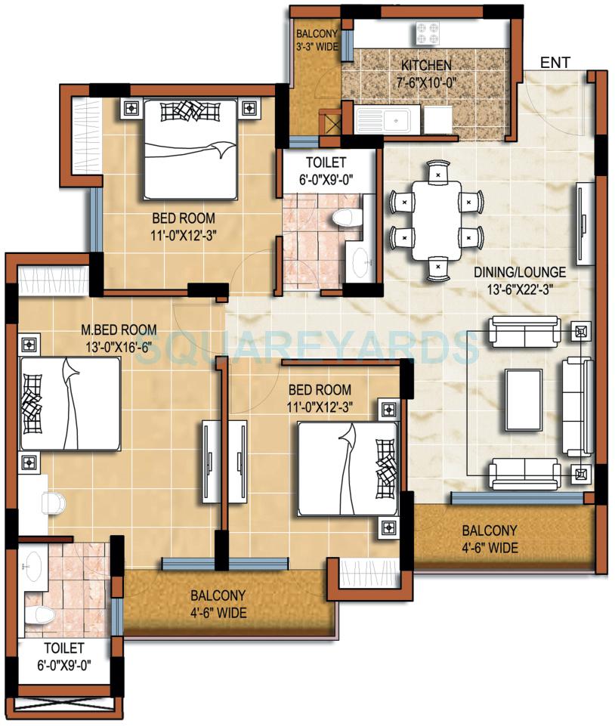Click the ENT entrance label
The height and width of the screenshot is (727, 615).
coord(555,62)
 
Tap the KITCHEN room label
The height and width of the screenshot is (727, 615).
coord(426,65)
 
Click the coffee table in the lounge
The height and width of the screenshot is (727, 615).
coord(524,400)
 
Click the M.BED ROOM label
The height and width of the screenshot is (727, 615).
coord(119,329)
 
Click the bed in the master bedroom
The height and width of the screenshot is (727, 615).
coord(70,404)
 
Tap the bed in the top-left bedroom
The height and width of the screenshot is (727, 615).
coord(191,150)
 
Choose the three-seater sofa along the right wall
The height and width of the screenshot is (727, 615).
coord(577,407)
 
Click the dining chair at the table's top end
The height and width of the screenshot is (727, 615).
coord(438,172)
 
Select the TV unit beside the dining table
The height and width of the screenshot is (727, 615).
coord(586,224)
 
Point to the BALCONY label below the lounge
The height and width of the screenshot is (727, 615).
coord(490,531)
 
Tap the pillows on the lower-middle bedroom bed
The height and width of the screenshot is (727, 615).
coord(387,469)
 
